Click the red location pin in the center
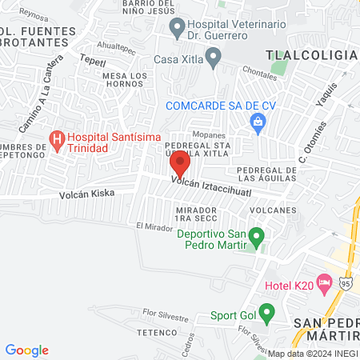tap(180, 164)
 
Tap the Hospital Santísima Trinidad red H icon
tap(58, 141)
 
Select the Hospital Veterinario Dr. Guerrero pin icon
tap(178, 30)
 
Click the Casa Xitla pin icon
tap(213, 57)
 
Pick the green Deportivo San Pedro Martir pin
tap(256, 236)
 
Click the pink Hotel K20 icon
tap(324, 282)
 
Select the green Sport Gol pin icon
tap(267, 312)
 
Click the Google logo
tap(27, 350)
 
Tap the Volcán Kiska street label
tap(86, 193)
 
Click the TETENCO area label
tap(155, 331)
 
